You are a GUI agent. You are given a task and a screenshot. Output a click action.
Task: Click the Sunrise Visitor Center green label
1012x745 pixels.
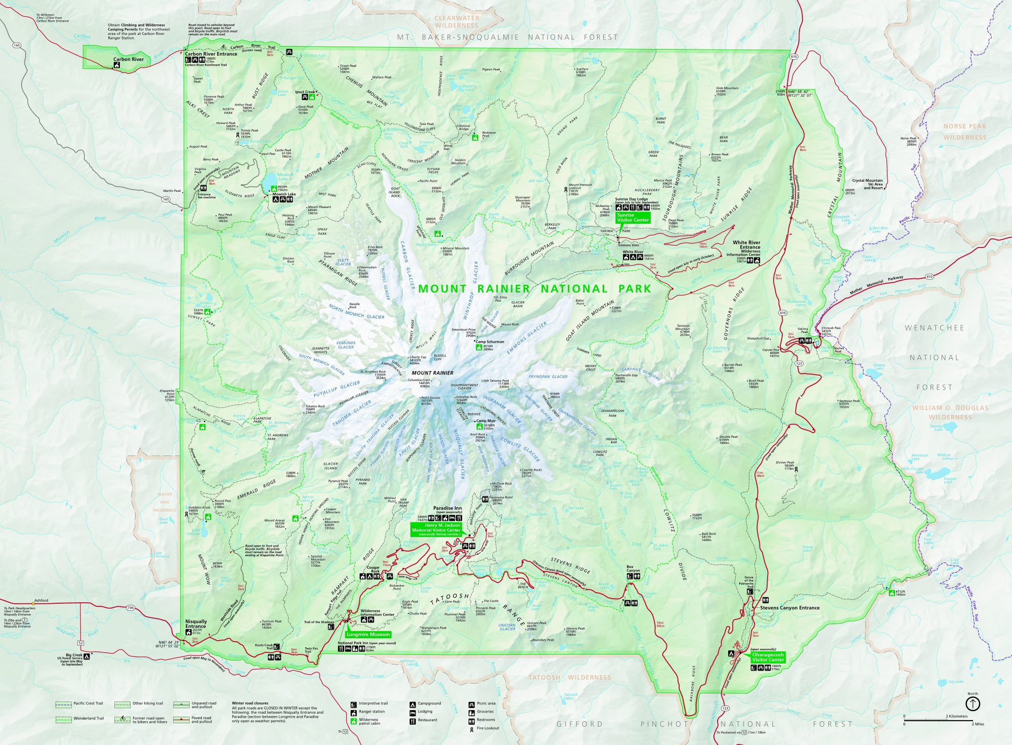coord(632,218)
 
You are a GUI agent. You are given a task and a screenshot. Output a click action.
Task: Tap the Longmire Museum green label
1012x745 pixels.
coord(368,634)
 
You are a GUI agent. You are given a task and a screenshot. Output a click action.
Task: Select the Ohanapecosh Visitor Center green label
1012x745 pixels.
coord(768,657)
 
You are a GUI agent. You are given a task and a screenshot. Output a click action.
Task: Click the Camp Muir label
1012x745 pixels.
coord(486,421)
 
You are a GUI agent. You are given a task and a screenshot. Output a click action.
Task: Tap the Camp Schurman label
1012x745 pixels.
coord(490,342)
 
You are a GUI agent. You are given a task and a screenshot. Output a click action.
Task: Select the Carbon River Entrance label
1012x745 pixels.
coord(211,54)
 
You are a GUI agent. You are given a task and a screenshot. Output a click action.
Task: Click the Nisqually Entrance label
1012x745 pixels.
coord(196,624)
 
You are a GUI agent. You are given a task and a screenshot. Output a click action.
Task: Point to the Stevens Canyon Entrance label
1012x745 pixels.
coord(789,608)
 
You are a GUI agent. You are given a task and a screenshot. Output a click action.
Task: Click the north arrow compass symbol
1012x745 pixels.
coord(973,703)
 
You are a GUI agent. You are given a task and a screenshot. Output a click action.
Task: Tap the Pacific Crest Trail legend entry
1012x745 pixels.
coord(88,703)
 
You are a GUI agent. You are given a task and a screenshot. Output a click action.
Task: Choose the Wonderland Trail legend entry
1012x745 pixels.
coord(89,718)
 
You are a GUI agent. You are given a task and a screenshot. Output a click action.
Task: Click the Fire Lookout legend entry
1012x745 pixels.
coord(488,728)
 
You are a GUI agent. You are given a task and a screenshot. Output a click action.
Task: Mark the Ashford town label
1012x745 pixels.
coord(41,600)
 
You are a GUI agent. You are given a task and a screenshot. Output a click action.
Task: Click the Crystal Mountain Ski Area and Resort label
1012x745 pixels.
coord(867,184)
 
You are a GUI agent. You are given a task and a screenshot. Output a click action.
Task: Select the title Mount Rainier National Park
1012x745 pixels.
coord(534,288)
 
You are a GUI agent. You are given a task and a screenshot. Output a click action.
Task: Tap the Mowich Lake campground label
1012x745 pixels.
coord(284,194)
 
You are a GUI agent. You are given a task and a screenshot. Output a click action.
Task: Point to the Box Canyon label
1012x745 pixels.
coord(633,568)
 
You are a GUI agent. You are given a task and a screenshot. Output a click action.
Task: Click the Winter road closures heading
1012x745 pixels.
coord(250,703)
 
